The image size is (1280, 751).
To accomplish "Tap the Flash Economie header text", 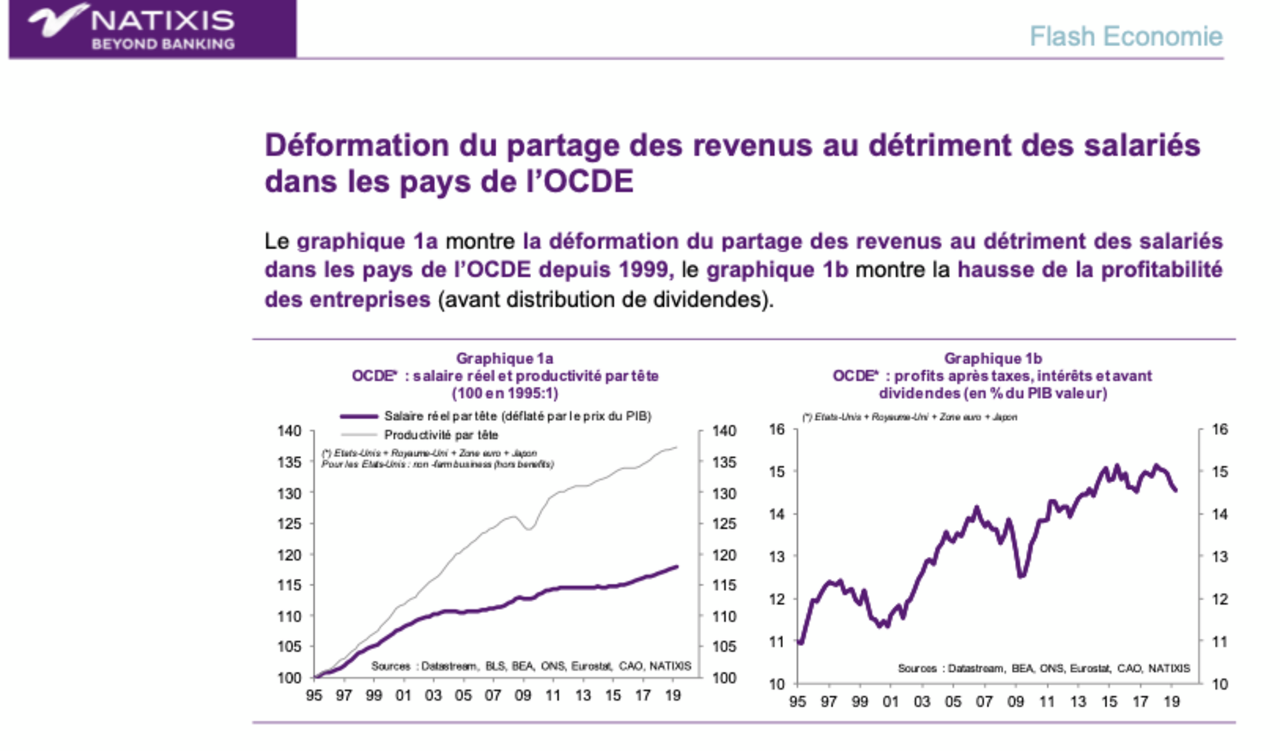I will (1126, 36).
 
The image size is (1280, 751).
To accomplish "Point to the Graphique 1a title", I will (504, 358).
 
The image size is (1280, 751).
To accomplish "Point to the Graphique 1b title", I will (992, 358).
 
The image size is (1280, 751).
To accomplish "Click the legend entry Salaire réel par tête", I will (517, 416).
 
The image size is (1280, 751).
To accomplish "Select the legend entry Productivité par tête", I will (440, 435).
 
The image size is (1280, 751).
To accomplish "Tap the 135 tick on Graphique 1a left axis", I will (289, 462).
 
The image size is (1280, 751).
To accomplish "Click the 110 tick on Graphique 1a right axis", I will (724, 616).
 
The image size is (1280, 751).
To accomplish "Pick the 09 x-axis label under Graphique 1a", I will (522, 695).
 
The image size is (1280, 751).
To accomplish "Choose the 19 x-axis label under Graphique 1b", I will (1171, 702).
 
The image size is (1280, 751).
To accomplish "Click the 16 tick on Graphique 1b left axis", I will (777, 429).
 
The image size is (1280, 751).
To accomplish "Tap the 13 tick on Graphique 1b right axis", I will (1219, 557).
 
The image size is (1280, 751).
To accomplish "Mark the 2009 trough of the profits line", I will (1021, 575).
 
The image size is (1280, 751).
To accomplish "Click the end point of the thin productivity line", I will (676, 447).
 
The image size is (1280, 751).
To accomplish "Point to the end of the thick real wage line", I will (676, 566).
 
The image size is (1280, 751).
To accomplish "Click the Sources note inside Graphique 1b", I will (1043, 668).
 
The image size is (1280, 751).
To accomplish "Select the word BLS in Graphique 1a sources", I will (495, 666).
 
